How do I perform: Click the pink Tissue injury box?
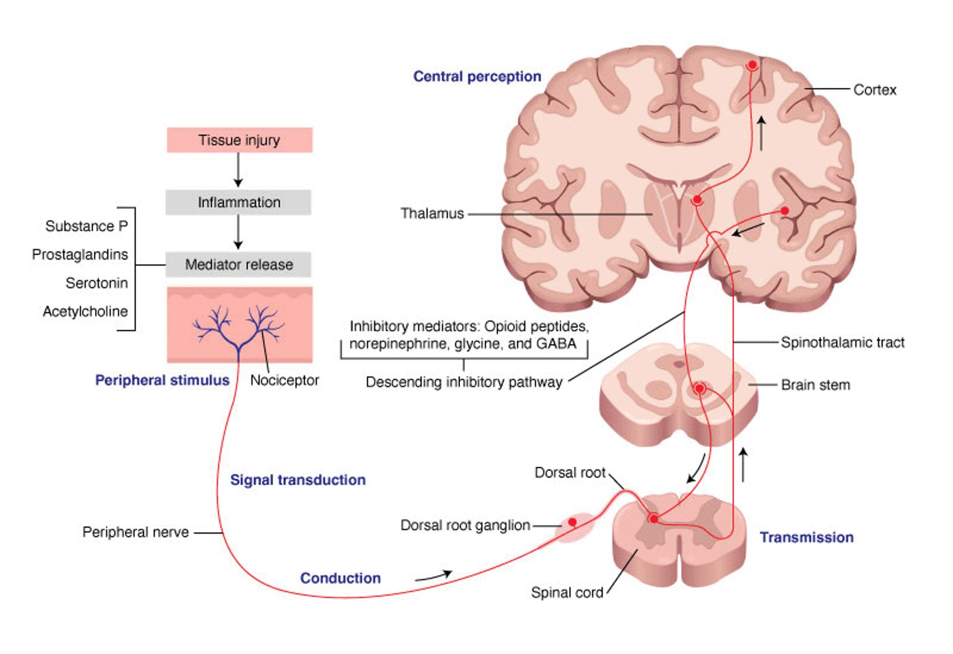(239, 140)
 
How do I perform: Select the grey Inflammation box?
(238, 202)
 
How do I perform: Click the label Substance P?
(86, 226)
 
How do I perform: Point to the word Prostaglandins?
(80, 255)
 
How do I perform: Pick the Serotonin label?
(97, 283)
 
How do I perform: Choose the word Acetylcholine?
(85, 311)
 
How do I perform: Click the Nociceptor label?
(284, 380)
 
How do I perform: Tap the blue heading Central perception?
(477, 76)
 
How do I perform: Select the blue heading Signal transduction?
(298, 480)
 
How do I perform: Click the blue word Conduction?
(340, 578)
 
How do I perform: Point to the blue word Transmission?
(807, 537)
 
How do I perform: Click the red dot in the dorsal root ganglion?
(572, 522)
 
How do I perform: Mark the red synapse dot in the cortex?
(752, 65)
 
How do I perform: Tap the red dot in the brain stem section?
(699, 388)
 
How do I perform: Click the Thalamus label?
(432, 214)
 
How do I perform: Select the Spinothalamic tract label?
(842, 343)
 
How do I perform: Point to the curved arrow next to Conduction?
(434, 576)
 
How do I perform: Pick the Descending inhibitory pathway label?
(464, 382)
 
